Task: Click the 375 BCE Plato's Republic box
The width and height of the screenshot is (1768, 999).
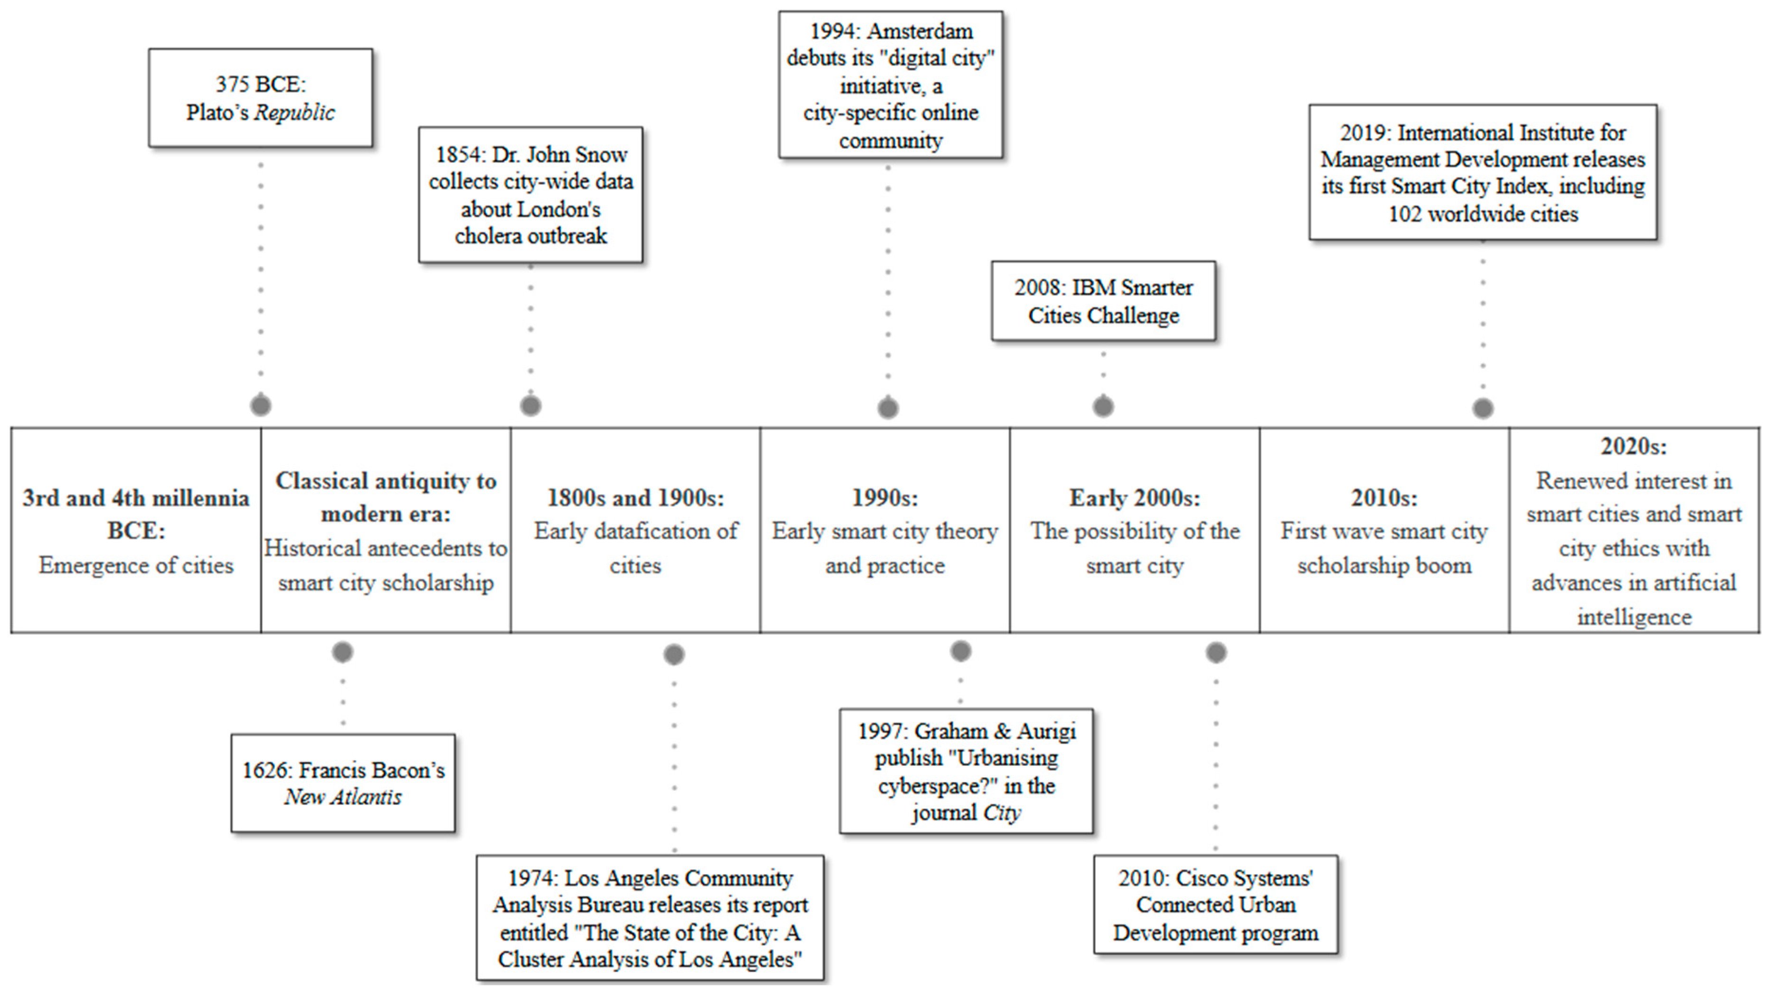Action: coord(261,97)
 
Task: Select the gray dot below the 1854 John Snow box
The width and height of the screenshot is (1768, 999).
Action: coord(530,405)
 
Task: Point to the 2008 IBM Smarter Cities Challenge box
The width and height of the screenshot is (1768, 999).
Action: coord(1103,301)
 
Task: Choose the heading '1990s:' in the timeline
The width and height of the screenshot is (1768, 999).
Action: coord(885,498)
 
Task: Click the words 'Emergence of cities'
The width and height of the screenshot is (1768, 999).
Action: coord(136,565)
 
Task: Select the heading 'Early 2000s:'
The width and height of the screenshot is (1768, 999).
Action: coord(1135,498)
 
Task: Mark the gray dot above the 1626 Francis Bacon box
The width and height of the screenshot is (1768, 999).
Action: coord(342,652)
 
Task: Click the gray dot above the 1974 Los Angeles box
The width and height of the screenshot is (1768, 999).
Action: coord(674,655)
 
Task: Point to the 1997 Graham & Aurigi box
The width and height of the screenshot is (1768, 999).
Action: coord(965,771)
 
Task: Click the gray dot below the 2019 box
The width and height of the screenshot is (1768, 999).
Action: coord(1483,408)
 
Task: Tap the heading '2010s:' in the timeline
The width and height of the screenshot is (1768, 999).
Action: coord(1384,498)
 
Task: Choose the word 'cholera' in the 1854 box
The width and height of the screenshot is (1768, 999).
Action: coord(484,236)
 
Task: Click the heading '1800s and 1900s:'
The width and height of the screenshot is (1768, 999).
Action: coord(635,498)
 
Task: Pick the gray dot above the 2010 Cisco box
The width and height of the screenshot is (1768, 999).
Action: coord(1216,652)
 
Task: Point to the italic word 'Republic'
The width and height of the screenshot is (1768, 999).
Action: coord(294,113)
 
